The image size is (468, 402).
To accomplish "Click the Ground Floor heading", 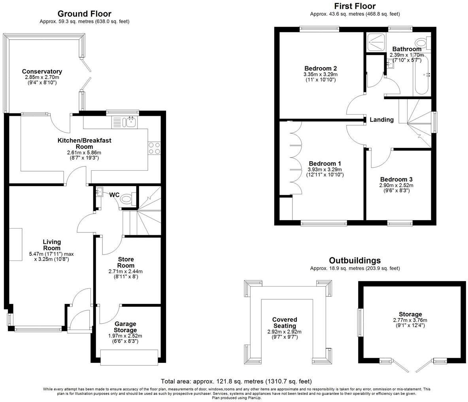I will (x=85, y=14).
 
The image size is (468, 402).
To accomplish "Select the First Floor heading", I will (x=355, y=6).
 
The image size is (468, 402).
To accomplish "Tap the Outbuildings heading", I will (x=355, y=260).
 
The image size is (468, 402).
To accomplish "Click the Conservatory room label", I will (x=42, y=72).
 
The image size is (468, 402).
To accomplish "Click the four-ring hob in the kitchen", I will (x=154, y=148).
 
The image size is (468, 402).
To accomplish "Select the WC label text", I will (x=114, y=194).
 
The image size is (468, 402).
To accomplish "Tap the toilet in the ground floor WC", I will (x=128, y=198).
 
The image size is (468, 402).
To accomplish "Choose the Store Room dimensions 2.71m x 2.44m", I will (x=126, y=272).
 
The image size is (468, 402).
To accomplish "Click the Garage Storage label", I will (x=125, y=327).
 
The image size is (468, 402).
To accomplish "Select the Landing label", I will (x=381, y=119).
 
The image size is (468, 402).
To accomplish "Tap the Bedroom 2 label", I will (x=320, y=68).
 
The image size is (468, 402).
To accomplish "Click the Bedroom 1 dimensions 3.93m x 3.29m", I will (x=325, y=170).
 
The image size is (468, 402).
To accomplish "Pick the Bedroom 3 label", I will (x=396, y=179).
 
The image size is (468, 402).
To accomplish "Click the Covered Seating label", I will (x=285, y=323).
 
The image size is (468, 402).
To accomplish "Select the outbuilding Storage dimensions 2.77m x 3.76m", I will (x=410, y=320).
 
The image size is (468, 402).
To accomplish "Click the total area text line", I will (x=236, y=381).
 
